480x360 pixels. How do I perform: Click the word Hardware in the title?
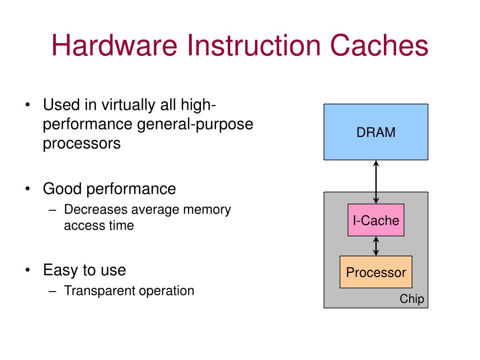[x=114, y=45]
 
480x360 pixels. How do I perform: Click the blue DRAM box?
[x=376, y=132]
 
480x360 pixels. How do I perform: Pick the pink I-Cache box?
[x=376, y=220]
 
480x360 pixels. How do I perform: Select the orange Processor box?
[x=376, y=272]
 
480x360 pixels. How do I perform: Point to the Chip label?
[x=412, y=299]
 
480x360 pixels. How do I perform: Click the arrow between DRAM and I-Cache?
[x=376, y=182]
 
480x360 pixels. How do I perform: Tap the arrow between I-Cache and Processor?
[x=376, y=246]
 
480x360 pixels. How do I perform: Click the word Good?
[x=62, y=188]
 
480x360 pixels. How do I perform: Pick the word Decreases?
[x=96, y=210]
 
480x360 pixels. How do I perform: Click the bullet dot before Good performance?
[x=28, y=189]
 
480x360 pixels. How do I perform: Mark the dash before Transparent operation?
[x=52, y=291]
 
